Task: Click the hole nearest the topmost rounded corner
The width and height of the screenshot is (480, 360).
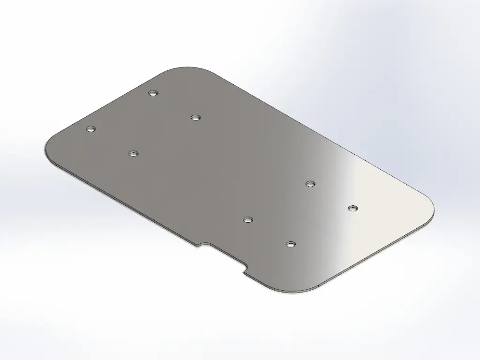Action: [x=152, y=93]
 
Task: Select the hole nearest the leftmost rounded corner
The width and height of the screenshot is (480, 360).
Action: [x=90, y=128]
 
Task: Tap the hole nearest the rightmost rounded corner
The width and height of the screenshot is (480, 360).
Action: [x=352, y=208]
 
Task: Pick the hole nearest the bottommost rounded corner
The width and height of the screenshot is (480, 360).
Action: [x=291, y=244]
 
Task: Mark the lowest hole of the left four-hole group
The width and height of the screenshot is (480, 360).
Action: [x=134, y=153]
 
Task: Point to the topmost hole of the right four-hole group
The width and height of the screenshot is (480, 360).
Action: [x=309, y=183]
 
